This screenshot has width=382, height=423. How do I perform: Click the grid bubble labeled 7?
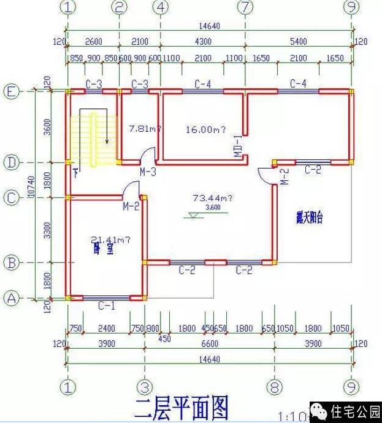(245, 7)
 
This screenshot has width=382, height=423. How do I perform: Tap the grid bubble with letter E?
(11, 92)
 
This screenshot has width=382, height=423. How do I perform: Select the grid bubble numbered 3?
(143, 387)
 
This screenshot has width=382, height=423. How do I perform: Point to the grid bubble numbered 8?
(274, 387)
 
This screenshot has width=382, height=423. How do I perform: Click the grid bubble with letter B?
(11, 263)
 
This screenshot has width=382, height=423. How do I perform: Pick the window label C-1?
(107, 305)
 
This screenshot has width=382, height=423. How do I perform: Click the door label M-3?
(147, 172)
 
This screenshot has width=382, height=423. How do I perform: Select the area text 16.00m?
(205, 129)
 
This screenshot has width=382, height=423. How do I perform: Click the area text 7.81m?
(145, 129)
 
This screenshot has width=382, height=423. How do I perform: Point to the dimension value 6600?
(209, 344)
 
